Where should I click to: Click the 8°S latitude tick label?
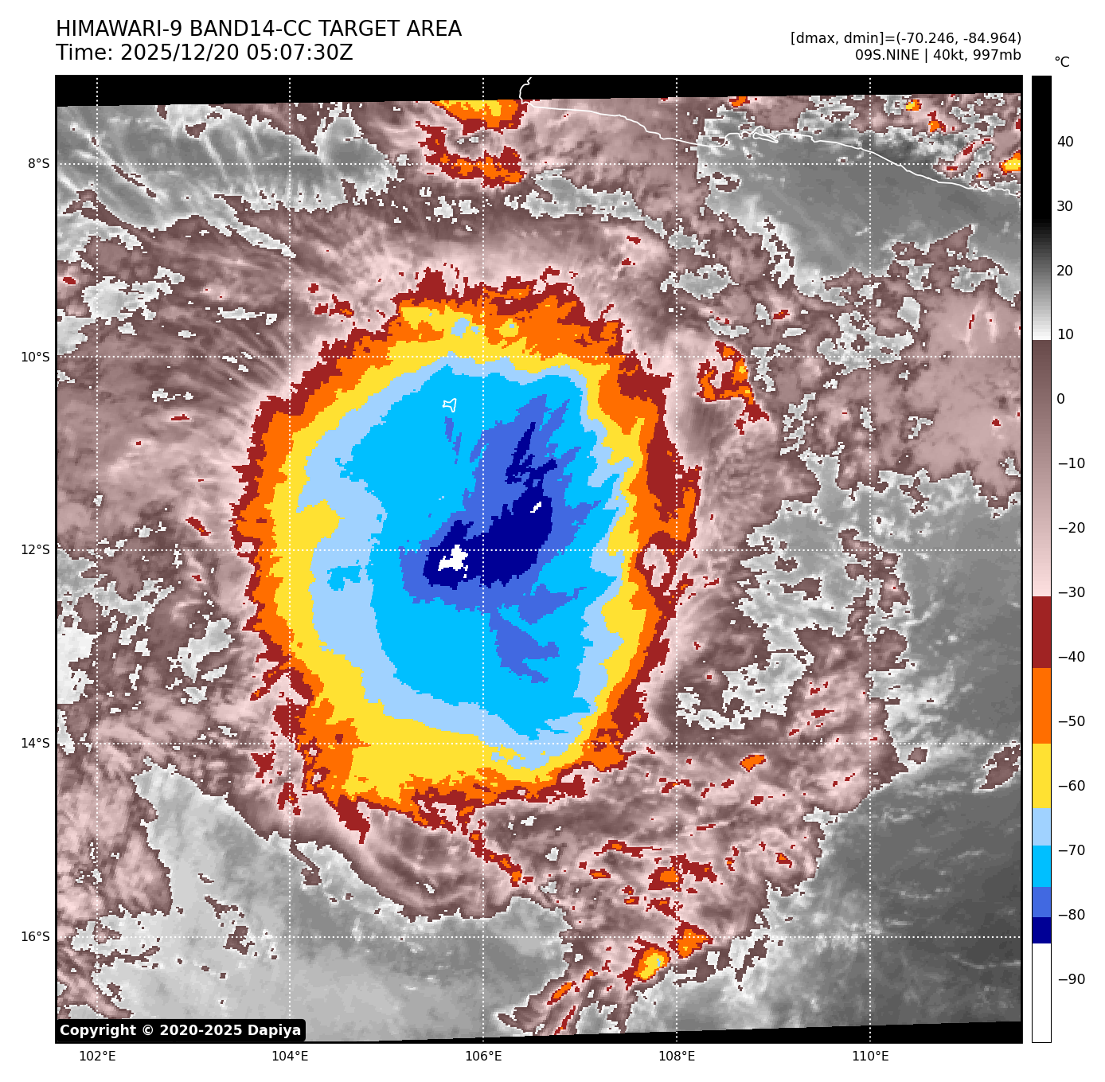tap(38, 164)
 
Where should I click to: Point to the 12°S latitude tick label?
tap(35, 550)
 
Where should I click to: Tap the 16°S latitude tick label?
tap(35, 937)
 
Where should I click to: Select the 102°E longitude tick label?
tap(97, 1057)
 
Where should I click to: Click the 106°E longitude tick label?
tap(483, 1057)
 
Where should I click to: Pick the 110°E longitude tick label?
tap(870, 1057)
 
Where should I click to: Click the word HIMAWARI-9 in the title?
tap(119, 29)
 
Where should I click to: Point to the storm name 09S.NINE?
tap(887, 55)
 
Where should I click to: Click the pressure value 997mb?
tap(997, 55)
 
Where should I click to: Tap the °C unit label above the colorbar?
tap(1061, 62)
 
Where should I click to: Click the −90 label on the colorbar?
tap(1071, 979)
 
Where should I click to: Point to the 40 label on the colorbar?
tap(1065, 142)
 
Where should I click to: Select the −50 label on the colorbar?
tap(1071, 721)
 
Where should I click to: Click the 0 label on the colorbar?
tap(1060, 399)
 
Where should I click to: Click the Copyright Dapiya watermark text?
tap(181, 1030)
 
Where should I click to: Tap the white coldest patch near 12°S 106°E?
tap(453, 558)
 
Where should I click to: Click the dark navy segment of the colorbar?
tap(1041, 930)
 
